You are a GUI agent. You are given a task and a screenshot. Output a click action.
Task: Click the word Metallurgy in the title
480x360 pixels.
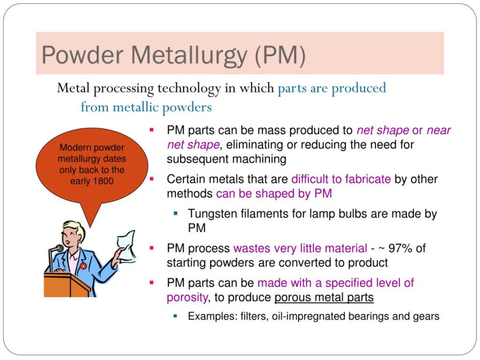pyautogui.click(x=189, y=56)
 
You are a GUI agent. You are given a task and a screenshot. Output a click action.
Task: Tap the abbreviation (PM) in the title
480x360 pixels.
pyautogui.click(x=280, y=55)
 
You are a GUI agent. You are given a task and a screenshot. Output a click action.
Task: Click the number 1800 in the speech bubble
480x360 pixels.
pyautogui.click(x=103, y=181)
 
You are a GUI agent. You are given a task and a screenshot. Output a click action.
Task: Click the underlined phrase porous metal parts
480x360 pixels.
pyautogui.click(x=324, y=297)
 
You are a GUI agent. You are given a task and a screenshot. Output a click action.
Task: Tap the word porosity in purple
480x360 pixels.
pyautogui.click(x=187, y=298)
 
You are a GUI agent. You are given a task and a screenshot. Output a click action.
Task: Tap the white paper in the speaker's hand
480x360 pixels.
pyautogui.click(x=127, y=247)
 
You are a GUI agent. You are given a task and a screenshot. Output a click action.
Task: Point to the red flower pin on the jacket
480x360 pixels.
pyautogui.click(x=83, y=266)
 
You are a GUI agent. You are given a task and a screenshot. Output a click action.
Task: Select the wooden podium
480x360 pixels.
pyautogui.click(x=67, y=284)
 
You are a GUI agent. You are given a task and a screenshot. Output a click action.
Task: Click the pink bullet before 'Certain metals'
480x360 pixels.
pyautogui.click(x=152, y=178)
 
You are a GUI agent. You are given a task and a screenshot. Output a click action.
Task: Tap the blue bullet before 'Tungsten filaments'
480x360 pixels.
pyautogui.click(x=175, y=213)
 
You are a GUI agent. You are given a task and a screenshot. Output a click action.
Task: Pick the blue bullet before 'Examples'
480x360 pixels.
pyautogui.click(x=175, y=316)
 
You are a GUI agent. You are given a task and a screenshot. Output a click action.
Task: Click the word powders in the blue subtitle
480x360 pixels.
pyautogui.click(x=187, y=107)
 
